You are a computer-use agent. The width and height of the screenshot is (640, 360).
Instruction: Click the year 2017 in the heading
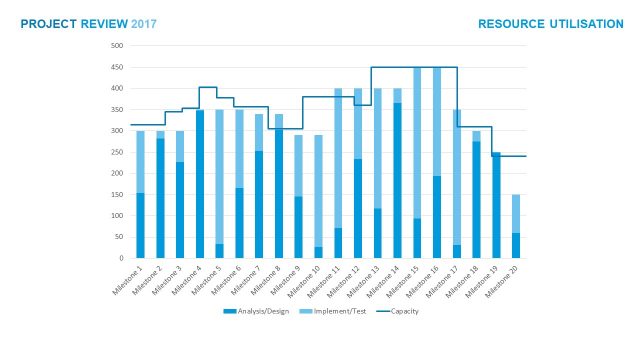click(144, 23)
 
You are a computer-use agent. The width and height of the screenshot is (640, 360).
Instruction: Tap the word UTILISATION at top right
click(577, 23)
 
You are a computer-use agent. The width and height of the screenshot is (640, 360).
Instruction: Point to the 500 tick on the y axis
click(116, 46)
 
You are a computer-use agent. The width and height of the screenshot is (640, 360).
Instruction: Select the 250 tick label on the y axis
click(116, 152)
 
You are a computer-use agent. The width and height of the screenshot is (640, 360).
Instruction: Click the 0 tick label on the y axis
click(120, 258)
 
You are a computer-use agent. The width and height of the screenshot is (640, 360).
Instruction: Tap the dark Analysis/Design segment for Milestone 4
click(200, 184)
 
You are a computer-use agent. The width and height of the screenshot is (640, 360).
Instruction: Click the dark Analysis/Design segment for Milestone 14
click(397, 180)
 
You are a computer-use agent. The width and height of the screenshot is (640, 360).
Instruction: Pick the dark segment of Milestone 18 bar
click(476, 200)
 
